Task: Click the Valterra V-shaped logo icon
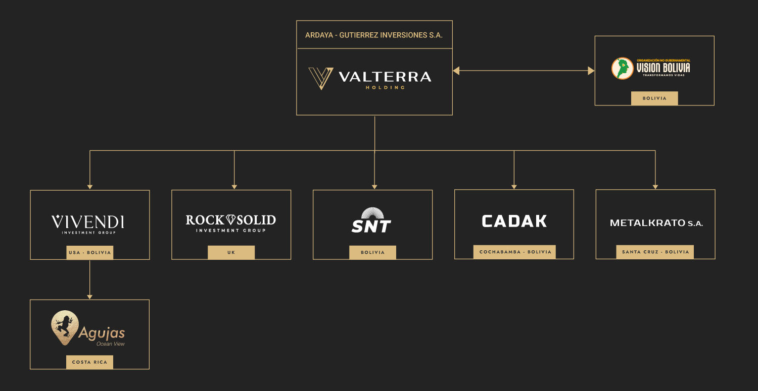[x=320, y=78]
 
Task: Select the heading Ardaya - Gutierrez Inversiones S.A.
[x=374, y=35]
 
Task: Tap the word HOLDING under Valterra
[x=385, y=87]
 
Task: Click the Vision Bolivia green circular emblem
[x=622, y=68]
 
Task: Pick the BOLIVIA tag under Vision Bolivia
[x=654, y=98]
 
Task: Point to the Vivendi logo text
[x=88, y=222]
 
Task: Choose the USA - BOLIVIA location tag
[x=90, y=252]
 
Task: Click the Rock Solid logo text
[x=231, y=220]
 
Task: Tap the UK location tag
[x=231, y=252]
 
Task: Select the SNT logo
[x=372, y=221]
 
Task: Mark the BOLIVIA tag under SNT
[x=372, y=252]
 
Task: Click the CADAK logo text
[x=514, y=221]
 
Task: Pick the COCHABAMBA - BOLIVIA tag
[x=514, y=252]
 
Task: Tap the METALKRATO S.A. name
[x=656, y=223]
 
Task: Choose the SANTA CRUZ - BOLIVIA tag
[x=655, y=252]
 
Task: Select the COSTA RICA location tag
[x=89, y=362]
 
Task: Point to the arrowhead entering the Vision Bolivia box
[x=591, y=71]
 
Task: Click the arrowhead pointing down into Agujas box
[x=90, y=297]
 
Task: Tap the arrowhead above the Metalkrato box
[x=655, y=187]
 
